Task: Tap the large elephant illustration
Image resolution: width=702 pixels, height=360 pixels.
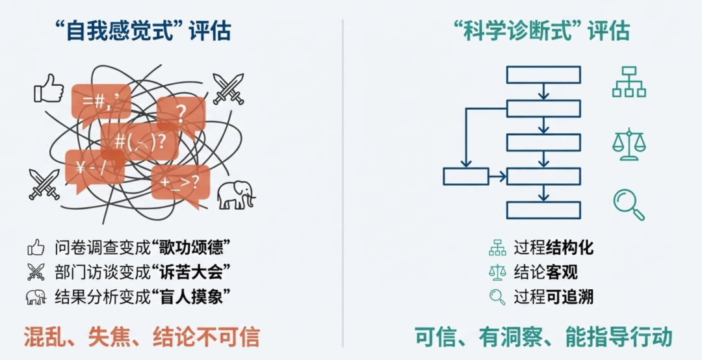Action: pos(235,194)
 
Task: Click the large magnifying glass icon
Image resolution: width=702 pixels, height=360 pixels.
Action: pos(629,204)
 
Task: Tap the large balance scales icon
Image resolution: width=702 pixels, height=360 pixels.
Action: pos(629,144)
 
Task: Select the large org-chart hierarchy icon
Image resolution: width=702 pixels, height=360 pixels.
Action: pos(629,82)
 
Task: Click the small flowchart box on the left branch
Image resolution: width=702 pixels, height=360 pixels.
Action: pos(465,176)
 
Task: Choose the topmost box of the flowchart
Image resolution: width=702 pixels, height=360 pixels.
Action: pos(543,75)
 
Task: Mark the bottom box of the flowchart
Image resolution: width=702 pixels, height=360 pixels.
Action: pos(543,210)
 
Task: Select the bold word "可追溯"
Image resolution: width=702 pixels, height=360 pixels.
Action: pos(569,297)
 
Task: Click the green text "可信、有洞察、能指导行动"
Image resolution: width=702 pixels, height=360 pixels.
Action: pos(543,337)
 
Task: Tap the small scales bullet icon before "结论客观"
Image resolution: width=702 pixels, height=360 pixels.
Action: pos(497,272)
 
